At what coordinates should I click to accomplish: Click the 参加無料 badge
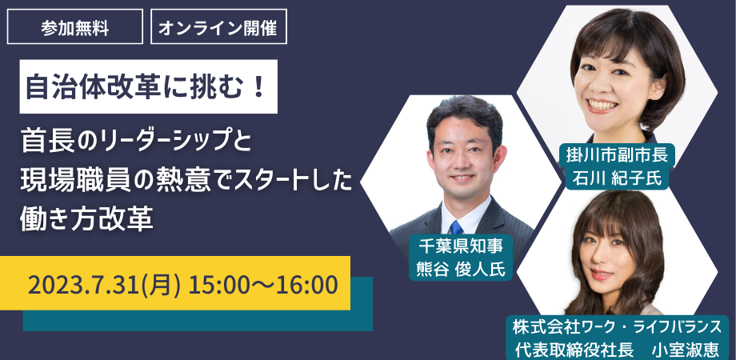point(75,26)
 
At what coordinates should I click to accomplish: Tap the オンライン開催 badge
point(218,26)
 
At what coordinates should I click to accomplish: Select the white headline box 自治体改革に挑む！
point(148,86)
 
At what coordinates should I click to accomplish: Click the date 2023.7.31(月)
point(104,285)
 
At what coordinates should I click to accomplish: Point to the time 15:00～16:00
point(263,285)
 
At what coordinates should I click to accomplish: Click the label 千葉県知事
point(460,246)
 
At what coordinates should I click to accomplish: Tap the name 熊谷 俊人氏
point(460,269)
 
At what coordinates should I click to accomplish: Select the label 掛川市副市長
point(617,155)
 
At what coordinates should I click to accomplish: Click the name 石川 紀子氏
point(617,178)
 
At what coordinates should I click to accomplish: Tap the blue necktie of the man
point(456,228)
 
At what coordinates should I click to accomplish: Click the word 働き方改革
point(87,218)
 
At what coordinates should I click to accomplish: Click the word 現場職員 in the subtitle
point(74,181)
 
